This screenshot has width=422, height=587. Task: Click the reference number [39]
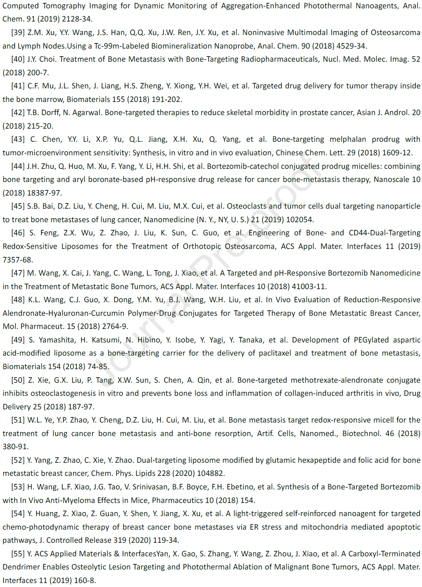18,33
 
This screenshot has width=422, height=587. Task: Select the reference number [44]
18,166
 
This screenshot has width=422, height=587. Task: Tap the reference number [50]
18,380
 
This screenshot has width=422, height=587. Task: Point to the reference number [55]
18,554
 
